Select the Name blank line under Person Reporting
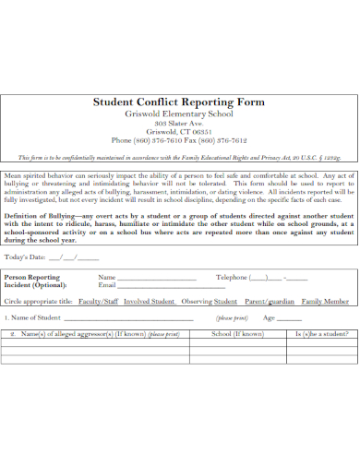click(157, 278)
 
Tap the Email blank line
click(157, 286)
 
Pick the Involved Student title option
click(149, 301)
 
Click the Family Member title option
click(325, 301)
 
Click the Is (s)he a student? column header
click(321, 333)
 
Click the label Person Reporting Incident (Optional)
click(32, 281)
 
